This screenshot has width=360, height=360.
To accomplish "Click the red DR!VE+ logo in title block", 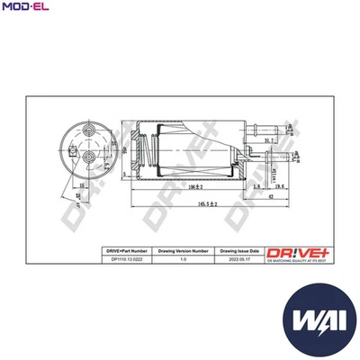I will [293, 253].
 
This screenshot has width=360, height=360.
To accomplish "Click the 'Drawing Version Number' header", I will [184, 253].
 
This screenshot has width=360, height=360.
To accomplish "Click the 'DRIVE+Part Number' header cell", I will [120, 253].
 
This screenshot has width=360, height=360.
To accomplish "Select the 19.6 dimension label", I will [280, 186].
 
